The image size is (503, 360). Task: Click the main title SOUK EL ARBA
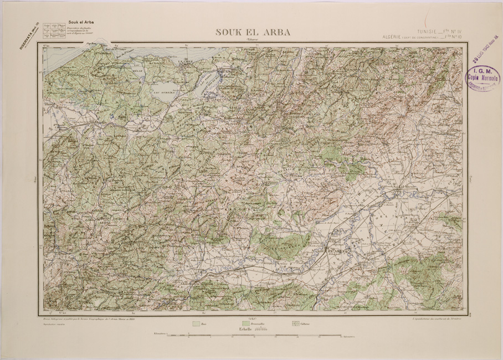coord(253,32)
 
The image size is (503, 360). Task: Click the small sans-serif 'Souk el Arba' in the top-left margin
coord(80,22)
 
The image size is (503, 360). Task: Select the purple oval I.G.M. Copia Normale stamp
coord(483,78)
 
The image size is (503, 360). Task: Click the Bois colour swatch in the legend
coord(195,323)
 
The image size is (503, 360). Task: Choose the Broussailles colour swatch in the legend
coord(246,323)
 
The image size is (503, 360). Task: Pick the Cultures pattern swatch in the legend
coord(294,323)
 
